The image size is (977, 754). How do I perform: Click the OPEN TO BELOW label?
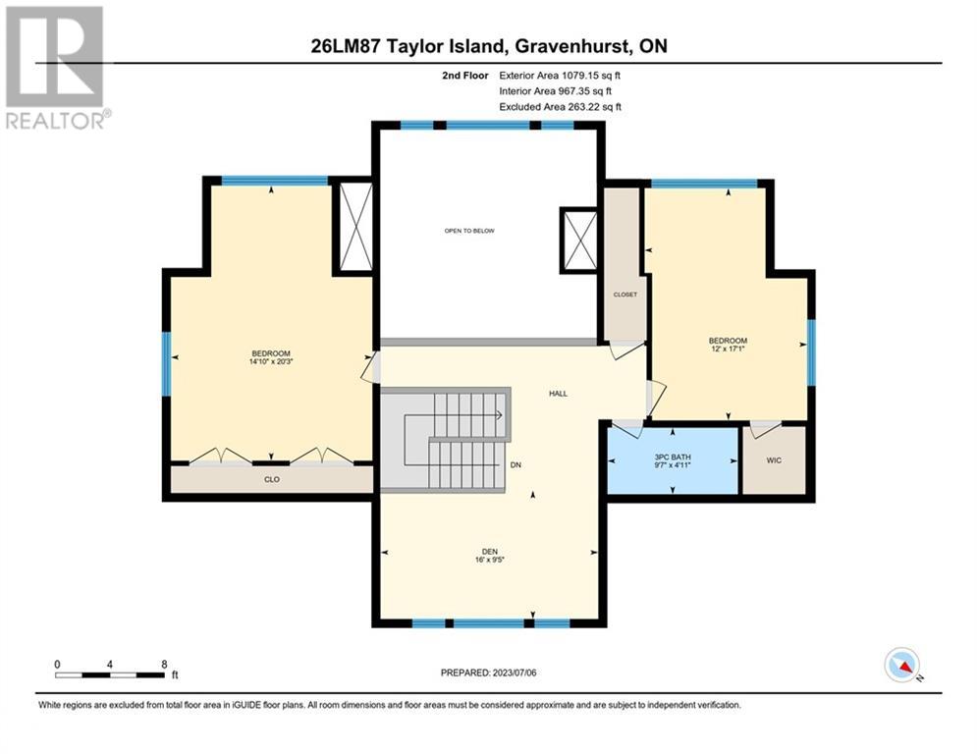point(469,231)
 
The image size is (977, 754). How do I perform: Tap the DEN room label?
point(490,552)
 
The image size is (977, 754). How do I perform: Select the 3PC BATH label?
point(673,458)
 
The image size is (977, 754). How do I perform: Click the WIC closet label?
point(774,460)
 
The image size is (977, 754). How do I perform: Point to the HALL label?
point(559,394)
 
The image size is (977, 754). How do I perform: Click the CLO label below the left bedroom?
point(272,480)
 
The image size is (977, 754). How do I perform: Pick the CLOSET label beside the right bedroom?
point(624,295)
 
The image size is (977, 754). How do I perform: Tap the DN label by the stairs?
point(516,464)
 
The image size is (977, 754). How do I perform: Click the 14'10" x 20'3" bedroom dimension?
point(271,361)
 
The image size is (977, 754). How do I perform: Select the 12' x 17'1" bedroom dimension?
point(728,349)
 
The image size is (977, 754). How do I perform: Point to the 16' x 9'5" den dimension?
point(490,560)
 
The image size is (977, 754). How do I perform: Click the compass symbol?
point(902,665)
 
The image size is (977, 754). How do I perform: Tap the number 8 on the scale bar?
point(165,665)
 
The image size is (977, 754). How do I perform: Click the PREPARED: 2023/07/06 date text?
point(489,673)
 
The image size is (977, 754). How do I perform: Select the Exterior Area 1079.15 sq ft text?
point(560,76)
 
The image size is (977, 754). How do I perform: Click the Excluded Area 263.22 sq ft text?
point(560,107)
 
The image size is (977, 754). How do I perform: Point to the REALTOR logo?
point(57,68)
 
